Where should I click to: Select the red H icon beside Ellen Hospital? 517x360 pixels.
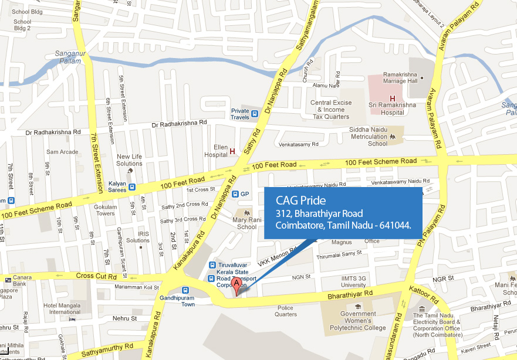point(232,151)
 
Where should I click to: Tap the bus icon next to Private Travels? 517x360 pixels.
point(255,113)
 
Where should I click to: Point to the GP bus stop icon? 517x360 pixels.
point(235,194)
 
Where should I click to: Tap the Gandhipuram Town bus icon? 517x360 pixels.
point(185,289)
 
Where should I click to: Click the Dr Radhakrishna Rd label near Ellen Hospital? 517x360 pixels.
point(180,124)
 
